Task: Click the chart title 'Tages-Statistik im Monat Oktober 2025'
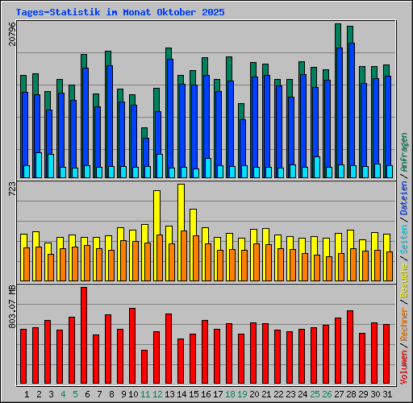coord(120,13)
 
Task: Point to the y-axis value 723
coord(11,189)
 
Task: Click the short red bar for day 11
coord(144,367)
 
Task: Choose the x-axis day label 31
coord(386,393)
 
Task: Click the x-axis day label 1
coord(27,393)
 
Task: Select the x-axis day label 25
coord(314,393)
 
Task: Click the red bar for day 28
coord(350,347)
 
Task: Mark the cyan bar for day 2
coord(39,164)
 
